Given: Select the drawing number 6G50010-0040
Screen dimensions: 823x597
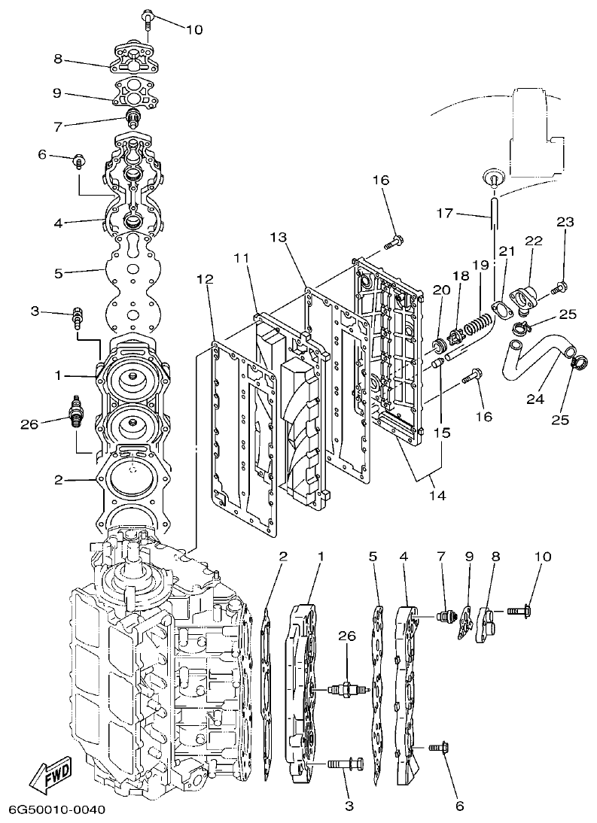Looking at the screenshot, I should [x=56, y=809].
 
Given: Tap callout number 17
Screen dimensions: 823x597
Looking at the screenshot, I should [x=444, y=214].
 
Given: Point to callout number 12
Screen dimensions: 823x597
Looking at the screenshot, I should [x=205, y=279].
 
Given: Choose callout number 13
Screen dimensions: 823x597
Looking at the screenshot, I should [x=279, y=238].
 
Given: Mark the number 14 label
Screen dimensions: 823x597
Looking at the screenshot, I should [x=437, y=495].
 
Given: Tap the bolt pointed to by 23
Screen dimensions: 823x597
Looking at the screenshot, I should [x=559, y=287].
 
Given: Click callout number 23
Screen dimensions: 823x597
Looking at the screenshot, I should [x=565, y=222].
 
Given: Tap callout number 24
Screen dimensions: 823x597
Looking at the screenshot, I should [x=535, y=399].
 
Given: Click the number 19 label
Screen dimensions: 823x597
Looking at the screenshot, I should [x=480, y=265].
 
